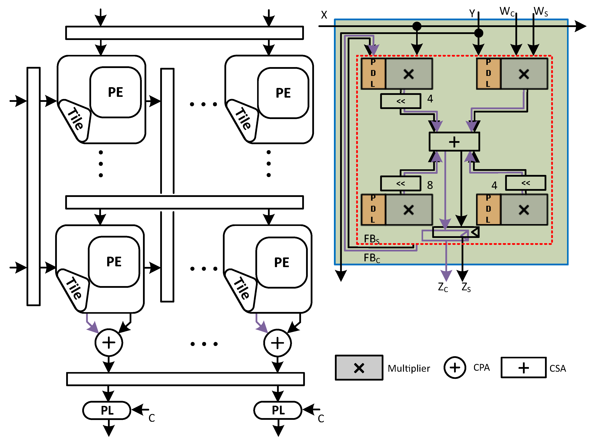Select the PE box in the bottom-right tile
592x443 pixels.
click(x=281, y=262)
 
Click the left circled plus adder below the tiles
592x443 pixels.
click(x=109, y=343)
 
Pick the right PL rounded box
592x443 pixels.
click(x=278, y=410)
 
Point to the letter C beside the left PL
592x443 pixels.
click(x=151, y=418)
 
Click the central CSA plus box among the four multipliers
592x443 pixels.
click(x=454, y=142)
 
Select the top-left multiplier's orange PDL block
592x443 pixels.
click(x=373, y=73)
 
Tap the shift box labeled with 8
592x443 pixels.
click(x=401, y=184)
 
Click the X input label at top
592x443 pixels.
click(x=324, y=15)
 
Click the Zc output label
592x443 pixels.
click(x=443, y=287)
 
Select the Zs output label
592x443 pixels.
click(x=466, y=287)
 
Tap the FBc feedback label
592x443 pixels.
click(x=372, y=258)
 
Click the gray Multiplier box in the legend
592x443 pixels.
click(x=359, y=368)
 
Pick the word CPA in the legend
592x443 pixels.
click(x=482, y=368)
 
